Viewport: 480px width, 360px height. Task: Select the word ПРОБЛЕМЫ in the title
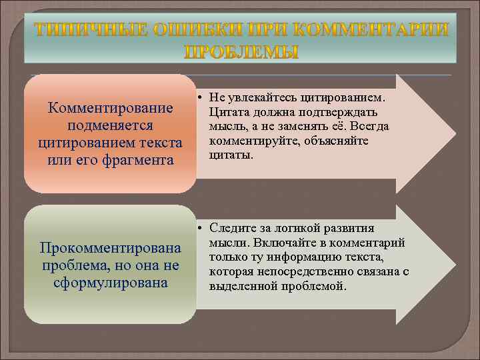click(x=241, y=51)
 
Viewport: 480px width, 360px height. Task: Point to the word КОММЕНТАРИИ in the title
click(x=370, y=29)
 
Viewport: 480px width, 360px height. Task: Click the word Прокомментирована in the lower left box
click(x=111, y=248)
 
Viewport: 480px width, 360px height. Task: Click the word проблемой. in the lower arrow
click(x=313, y=286)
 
